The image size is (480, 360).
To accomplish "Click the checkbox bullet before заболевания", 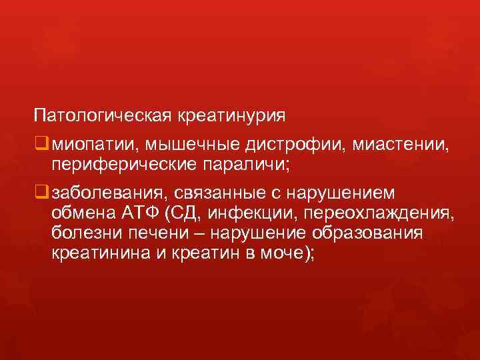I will tap(41, 192).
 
